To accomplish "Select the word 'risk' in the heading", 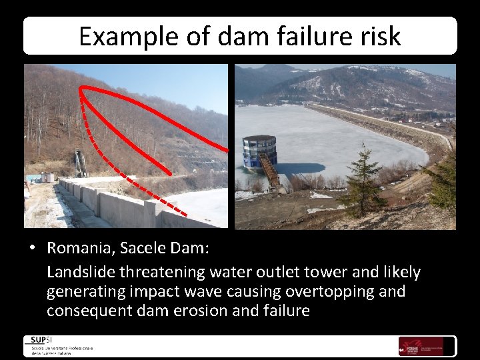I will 379,36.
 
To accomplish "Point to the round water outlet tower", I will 259,153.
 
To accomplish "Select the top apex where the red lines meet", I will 81,89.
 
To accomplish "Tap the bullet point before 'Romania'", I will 32,249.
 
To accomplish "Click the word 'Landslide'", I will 79,272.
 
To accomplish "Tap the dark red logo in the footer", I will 411,346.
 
